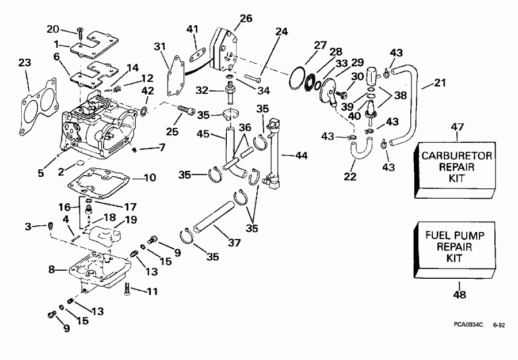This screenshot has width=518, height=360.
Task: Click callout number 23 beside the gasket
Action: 24,64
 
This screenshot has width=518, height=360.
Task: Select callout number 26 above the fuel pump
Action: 246,19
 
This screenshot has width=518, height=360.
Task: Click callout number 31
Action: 159,47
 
